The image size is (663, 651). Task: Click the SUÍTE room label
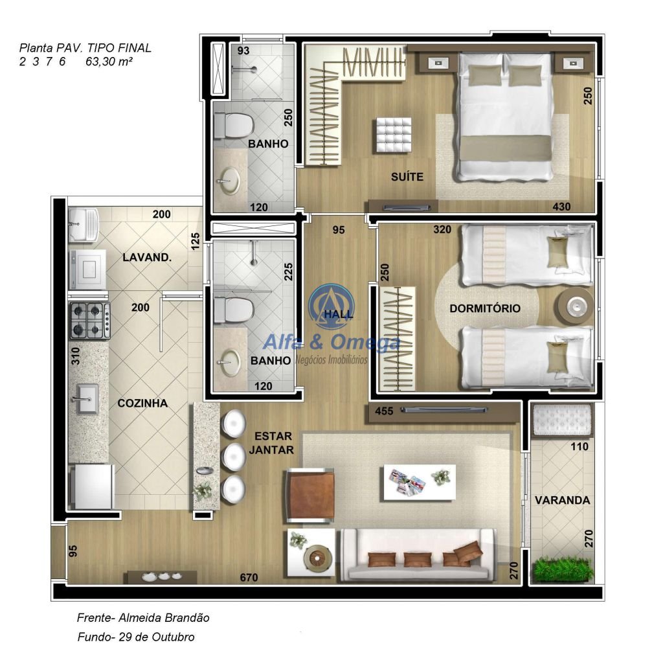click(x=407, y=176)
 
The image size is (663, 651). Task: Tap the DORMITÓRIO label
click(x=484, y=308)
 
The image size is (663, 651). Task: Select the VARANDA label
click(x=562, y=501)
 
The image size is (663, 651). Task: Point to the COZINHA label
click(x=142, y=403)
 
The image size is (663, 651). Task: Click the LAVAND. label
click(x=147, y=257)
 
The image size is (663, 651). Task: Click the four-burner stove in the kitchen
click(x=90, y=320)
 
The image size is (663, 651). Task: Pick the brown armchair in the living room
click(x=310, y=494)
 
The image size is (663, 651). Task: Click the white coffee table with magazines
click(x=420, y=483)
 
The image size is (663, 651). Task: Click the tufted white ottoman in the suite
click(x=393, y=135)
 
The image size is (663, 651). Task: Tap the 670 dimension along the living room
click(x=249, y=577)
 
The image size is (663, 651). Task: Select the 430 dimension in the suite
click(x=561, y=207)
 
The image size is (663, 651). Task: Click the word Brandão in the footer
click(x=186, y=617)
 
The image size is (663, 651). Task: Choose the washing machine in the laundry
click(x=87, y=269)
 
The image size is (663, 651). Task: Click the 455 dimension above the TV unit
click(x=383, y=411)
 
